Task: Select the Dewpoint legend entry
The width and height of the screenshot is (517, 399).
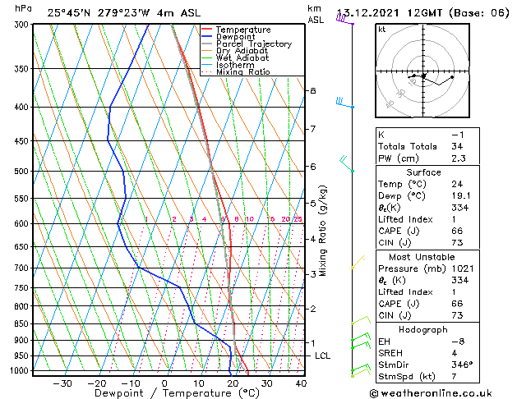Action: point(237,37)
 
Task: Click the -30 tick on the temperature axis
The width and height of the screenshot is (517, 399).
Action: point(62,383)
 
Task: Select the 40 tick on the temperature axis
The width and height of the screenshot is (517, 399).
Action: point(301,383)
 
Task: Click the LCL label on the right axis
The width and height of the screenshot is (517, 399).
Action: point(323,355)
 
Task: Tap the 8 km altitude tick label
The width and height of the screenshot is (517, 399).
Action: point(312,90)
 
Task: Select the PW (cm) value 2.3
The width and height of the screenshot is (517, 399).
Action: point(458,158)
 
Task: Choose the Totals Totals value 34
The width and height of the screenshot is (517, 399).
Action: point(458,146)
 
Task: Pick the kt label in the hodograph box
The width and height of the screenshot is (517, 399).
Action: point(381,29)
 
